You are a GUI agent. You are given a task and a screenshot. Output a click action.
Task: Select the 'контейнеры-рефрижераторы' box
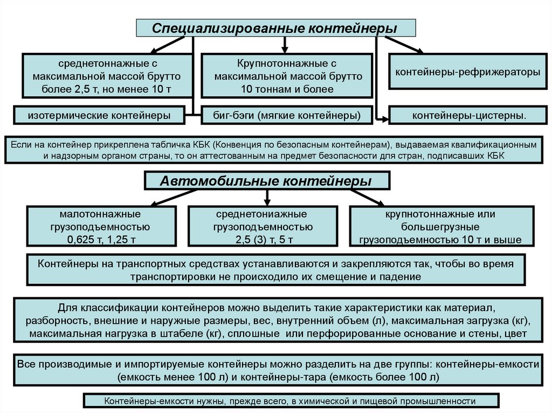click(x=467, y=72)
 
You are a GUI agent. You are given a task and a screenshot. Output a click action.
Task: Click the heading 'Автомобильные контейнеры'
click(x=266, y=181)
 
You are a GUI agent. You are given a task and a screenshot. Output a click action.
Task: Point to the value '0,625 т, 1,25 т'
click(x=101, y=239)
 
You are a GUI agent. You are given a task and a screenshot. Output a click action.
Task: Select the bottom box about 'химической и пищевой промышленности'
click(x=290, y=401)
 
